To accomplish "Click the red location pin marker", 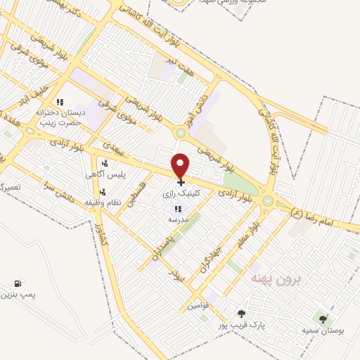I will click(181, 165).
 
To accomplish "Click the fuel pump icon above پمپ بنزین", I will click(15, 283).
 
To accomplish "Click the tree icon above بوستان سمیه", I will click(323, 319).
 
